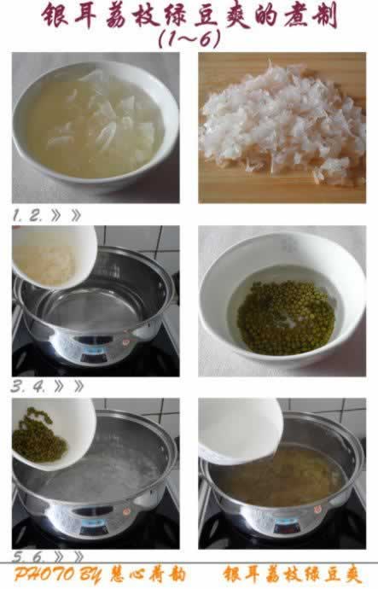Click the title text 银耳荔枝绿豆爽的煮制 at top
coord(189,17)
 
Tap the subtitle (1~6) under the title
coord(189,39)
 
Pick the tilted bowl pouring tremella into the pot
coord(51,256)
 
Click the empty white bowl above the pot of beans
coord(239,431)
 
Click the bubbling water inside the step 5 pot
coord(102,474)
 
